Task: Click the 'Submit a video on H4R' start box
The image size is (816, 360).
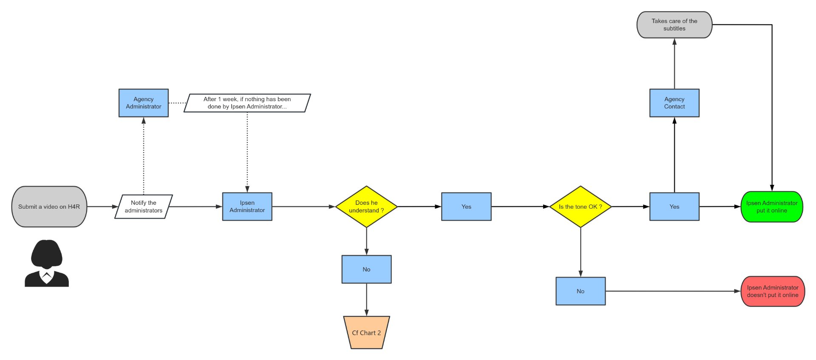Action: point(49,207)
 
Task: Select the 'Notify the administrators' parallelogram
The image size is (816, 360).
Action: point(144,207)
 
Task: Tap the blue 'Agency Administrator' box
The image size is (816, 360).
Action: point(144,103)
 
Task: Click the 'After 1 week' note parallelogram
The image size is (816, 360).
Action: point(247,103)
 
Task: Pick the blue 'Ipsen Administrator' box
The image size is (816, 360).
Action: point(247,207)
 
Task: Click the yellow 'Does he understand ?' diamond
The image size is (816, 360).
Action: point(366,207)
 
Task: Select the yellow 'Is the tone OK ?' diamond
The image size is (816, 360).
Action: point(581,207)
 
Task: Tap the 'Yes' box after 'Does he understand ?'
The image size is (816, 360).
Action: point(466,207)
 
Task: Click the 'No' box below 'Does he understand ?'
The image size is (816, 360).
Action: point(366,269)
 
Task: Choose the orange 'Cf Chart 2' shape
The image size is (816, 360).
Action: point(366,333)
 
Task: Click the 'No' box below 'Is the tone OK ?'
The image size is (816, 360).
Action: point(581,291)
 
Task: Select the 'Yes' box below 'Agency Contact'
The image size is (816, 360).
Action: point(674,207)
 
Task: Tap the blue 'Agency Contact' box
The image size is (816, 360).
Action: point(674,103)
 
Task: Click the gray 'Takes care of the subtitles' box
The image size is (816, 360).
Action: point(674,25)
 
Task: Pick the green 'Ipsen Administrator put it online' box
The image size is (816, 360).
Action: point(772,207)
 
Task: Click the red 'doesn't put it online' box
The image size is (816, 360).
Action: point(773,291)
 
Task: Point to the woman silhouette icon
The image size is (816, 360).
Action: point(47,264)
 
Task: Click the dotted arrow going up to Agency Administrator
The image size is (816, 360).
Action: point(144,157)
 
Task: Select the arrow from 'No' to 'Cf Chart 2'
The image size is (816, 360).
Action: point(366,300)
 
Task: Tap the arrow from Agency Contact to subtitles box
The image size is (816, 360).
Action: point(674,64)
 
